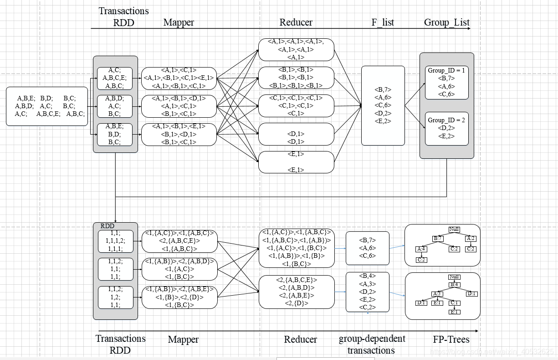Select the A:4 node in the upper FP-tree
tap(421, 249)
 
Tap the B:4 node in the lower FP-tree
tap(454, 285)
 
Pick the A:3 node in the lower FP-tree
tap(437, 294)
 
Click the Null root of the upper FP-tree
tap(454, 229)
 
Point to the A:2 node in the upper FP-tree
tap(471, 238)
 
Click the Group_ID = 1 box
tap(446, 82)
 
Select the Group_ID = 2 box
tap(446, 128)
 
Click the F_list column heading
tap(383, 22)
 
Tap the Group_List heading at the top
tap(446, 22)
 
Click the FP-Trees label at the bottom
tap(451, 339)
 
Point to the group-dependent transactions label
tap(372, 344)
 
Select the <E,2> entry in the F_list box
tap(383, 121)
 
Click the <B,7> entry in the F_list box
tap(383, 90)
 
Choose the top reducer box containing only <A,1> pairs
tap(296, 49)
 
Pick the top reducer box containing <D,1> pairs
tap(296, 134)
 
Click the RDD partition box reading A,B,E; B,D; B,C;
tap(115, 134)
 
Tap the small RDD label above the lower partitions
tap(108, 226)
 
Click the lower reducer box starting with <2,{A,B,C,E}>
tap(297, 292)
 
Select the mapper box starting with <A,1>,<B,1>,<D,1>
tap(179, 106)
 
